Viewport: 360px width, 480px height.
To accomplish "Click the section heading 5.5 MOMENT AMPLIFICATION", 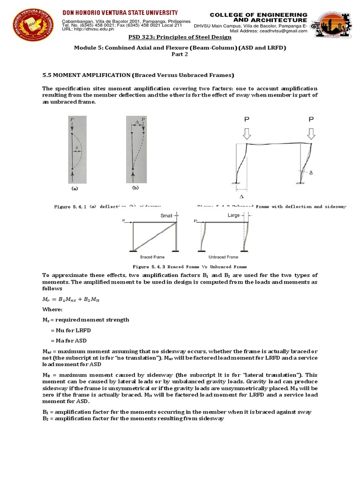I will click(138, 75).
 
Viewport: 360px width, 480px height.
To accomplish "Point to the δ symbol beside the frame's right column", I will click(310, 173).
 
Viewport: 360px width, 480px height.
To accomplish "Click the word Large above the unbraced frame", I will click(233, 215).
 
